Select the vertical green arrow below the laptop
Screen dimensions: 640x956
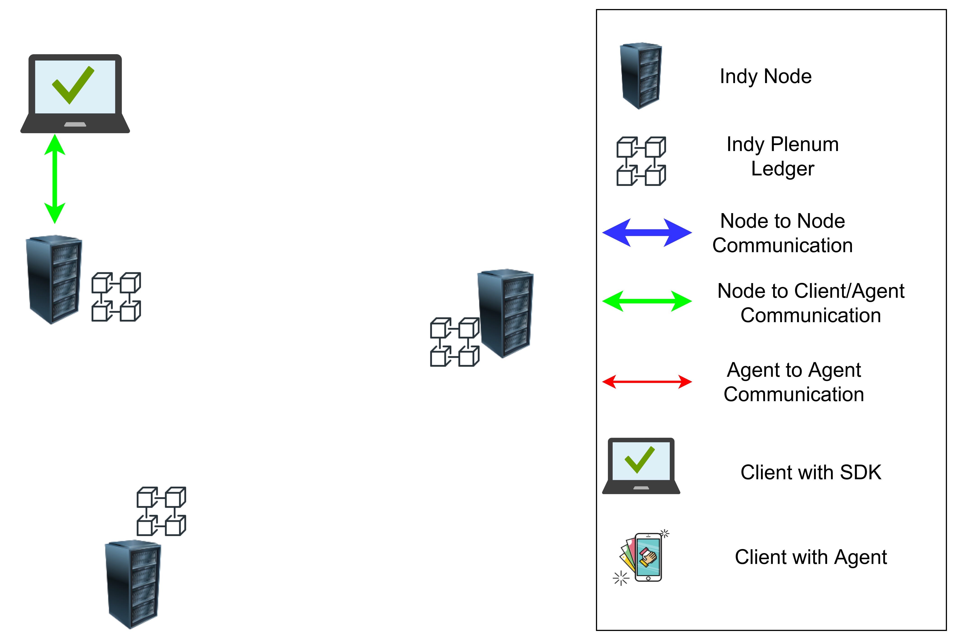pos(55,179)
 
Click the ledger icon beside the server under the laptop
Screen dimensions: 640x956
pos(116,297)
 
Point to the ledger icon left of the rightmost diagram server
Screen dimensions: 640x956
pos(455,342)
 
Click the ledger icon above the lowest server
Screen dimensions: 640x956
pos(161,511)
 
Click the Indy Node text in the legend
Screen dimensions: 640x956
pos(765,76)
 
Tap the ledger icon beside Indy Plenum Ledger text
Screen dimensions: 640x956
pos(641,161)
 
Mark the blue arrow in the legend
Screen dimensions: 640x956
pos(647,233)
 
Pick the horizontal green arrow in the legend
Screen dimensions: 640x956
pos(647,301)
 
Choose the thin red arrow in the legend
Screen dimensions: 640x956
pos(647,382)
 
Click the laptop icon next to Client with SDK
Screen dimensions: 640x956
pos(641,466)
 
